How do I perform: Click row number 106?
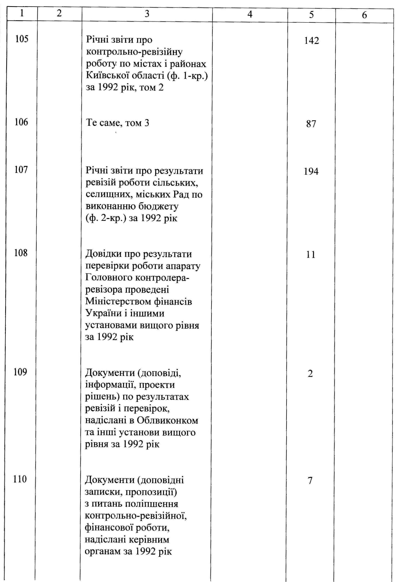[x=21, y=122]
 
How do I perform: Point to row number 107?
[x=21, y=170]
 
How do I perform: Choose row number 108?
[x=21, y=253]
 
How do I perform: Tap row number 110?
[x=20, y=479]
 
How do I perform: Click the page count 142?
[x=312, y=41]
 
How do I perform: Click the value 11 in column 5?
[x=311, y=255]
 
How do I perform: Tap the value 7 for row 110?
[x=310, y=480]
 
